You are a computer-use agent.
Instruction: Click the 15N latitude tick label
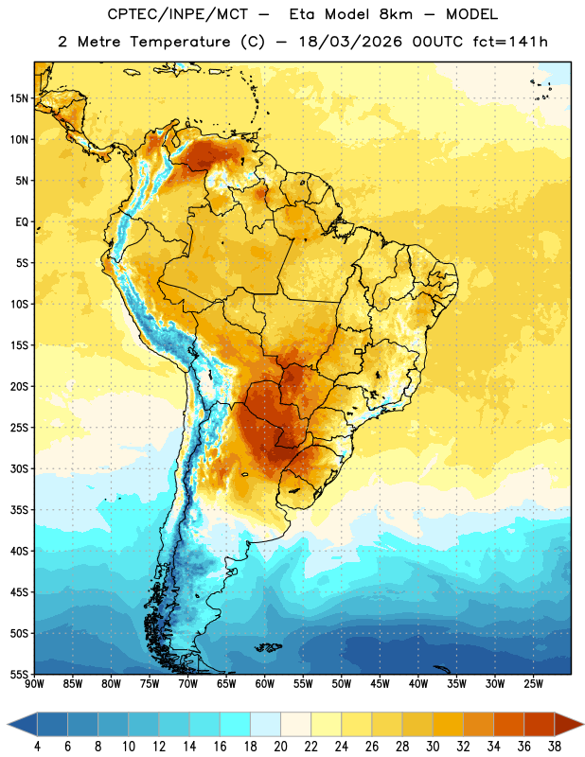[19, 98]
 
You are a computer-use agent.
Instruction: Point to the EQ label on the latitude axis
[22, 222]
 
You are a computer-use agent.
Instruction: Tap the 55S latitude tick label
[19, 675]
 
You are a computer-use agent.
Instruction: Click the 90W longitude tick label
[34, 684]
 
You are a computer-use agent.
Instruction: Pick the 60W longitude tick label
[265, 684]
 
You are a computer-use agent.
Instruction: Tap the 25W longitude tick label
[533, 684]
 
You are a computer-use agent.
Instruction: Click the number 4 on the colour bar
[37, 747]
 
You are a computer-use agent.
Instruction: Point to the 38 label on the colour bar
[555, 747]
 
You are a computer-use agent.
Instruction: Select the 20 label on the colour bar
[280, 747]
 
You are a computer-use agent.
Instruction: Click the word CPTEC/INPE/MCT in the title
[178, 14]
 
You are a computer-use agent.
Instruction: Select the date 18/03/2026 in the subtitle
[350, 42]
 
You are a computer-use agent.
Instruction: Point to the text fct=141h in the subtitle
[510, 42]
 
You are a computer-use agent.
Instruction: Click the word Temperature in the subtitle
[180, 42]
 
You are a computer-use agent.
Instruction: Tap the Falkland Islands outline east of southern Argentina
[269, 647]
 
